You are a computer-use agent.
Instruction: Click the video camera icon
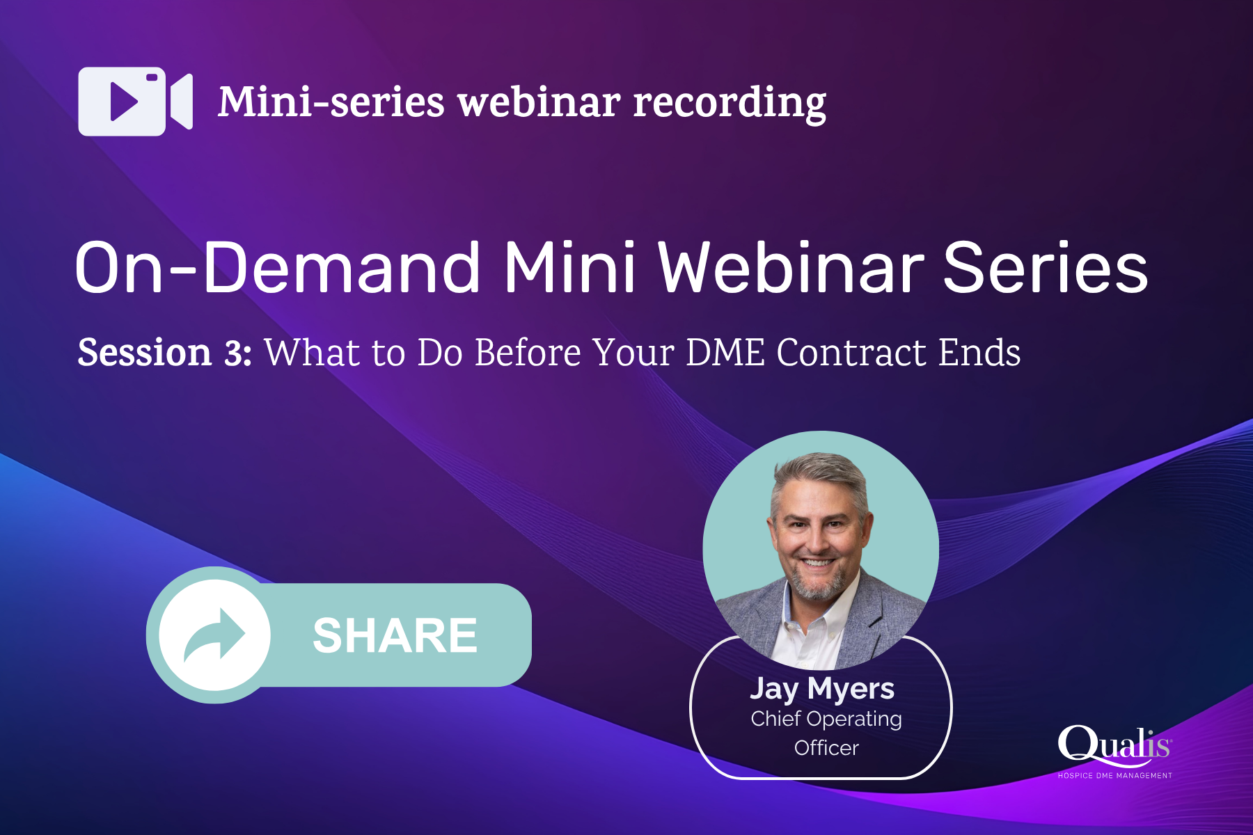[x=135, y=102]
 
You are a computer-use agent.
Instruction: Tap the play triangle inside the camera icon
[x=124, y=102]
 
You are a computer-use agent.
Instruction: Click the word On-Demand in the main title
[x=277, y=269]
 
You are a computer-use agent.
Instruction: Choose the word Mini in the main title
[x=569, y=269]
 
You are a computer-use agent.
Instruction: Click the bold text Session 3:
[x=164, y=352]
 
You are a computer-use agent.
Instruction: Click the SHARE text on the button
[x=395, y=635]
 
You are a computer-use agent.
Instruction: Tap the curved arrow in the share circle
[x=214, y=634]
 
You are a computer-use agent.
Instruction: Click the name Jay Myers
[x=822, y=689]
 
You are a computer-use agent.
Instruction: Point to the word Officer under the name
[x=826, y=748]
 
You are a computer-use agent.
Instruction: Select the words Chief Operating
[x=826, y=719]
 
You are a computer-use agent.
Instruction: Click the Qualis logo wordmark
[x=1114, y=745]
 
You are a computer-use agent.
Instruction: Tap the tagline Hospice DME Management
[x=1114, y=775]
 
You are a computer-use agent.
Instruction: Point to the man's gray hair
[x=821, y=473]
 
